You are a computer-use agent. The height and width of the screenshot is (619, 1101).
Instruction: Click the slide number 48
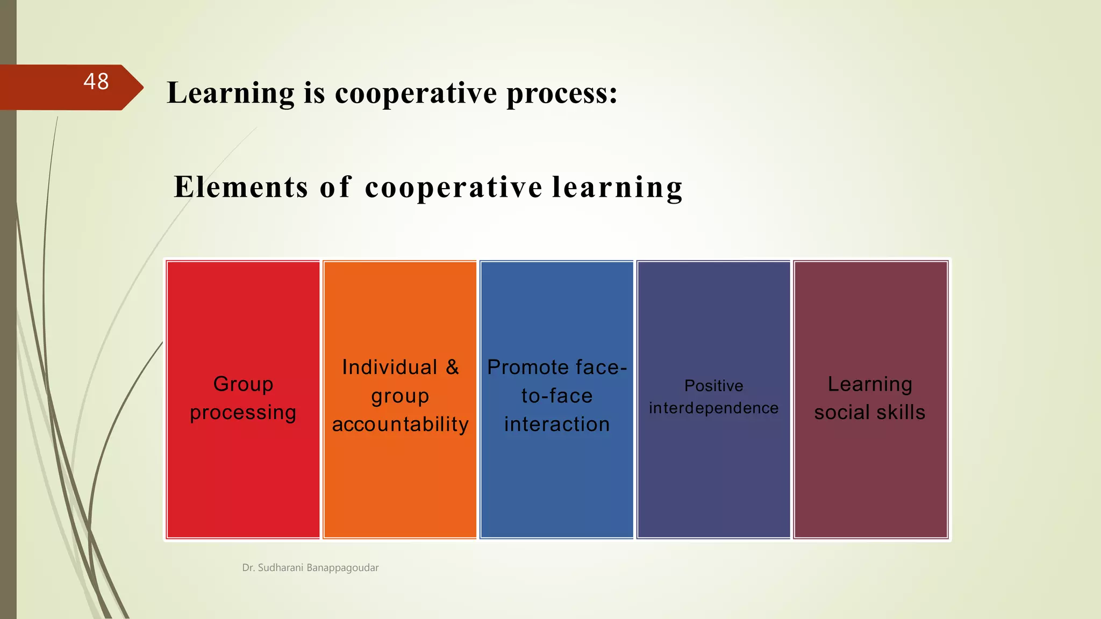pyautogui.click(x=96, y=82)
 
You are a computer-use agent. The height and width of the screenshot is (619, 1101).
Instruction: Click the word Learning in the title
pyautogui.click(x=231, y=93)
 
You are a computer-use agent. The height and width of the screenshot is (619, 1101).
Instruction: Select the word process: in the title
pyautogui.click(x=562, y=93)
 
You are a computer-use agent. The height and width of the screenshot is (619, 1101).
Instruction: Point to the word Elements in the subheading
pyautogui.click(x=241, y=187)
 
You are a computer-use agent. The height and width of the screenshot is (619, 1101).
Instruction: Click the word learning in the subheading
pyautogui.click(x=617, y=187)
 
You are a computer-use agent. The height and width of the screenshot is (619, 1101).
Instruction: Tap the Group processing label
pyautogui.click(x=243, y=398)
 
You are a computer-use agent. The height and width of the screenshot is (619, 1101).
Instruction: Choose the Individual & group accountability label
pyautogui.click(x=400, y=396)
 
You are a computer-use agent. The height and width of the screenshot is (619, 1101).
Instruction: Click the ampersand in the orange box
pyautogui.click(x=452, y=368)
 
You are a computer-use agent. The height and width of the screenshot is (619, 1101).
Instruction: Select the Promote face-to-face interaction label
pyautogui.click(x=557, y=396)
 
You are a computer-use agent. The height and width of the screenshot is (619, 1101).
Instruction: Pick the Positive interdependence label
pyautogui.click(x=713, y=397)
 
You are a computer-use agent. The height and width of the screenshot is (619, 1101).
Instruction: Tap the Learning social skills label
pyautogui.click(x=870, y=398)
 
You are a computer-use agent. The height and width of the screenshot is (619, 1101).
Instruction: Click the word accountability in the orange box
pyautogui.click(x=400, y=424)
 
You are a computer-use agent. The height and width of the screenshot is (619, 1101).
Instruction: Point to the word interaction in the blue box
pyautogui.click(x=557, y=424)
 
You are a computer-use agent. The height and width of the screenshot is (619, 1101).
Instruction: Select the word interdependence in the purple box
pyautogui.click(x=713, y=408)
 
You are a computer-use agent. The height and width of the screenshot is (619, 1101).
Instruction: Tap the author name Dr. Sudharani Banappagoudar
pyautogui.click(x=310, y=567)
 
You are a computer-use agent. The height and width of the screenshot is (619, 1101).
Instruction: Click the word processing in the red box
pyautogui.click(x=243, y=413)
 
